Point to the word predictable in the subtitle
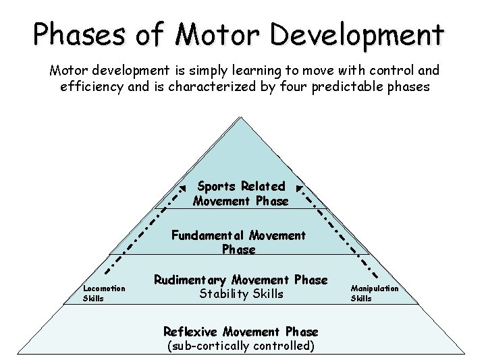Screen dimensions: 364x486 tap(350, 87)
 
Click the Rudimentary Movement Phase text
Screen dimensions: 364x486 tap(241, 280)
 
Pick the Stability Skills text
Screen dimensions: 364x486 tap(241, 293)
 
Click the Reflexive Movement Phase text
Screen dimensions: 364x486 tap(240, 332)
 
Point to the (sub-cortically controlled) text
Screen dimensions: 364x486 tap(240, 346)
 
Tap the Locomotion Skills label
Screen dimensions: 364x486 tap(103, 293)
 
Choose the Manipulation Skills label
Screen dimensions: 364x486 tap(374, 293)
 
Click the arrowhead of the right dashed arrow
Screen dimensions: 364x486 tap(298, 187)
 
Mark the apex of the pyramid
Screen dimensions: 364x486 tap(240, 117)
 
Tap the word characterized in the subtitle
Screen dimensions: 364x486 tap(215, 87)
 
